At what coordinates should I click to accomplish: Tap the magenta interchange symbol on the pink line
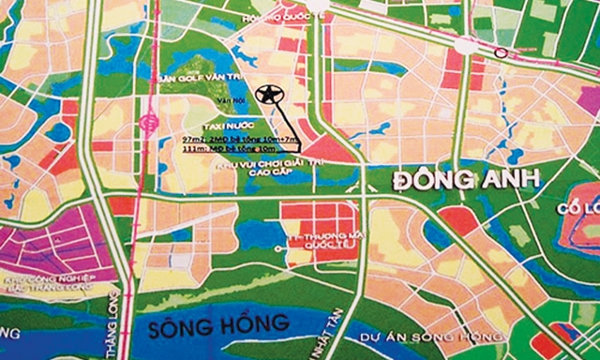pos(148,120)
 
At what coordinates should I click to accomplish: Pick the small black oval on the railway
pos(502,53)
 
